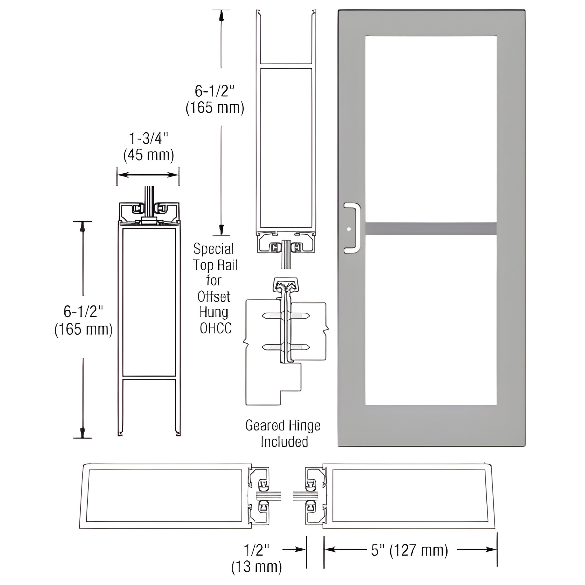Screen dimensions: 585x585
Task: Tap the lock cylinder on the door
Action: pos(349,229)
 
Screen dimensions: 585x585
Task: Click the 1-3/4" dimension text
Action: pos(148,139)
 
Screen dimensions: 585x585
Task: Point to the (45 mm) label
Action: pos(149,155)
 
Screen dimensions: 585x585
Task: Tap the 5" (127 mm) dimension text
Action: pos(409,559)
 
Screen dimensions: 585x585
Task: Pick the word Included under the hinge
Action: pos(284,442)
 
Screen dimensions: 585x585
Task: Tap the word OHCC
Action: pos(216,328)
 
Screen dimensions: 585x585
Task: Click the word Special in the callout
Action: pos(213,249)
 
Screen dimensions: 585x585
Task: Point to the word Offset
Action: pos(214,296)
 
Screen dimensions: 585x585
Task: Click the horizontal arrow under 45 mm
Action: pos(148,175)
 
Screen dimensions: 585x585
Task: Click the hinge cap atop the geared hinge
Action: pos(286,284)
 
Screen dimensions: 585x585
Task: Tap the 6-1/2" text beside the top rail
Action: pos(214,91)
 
